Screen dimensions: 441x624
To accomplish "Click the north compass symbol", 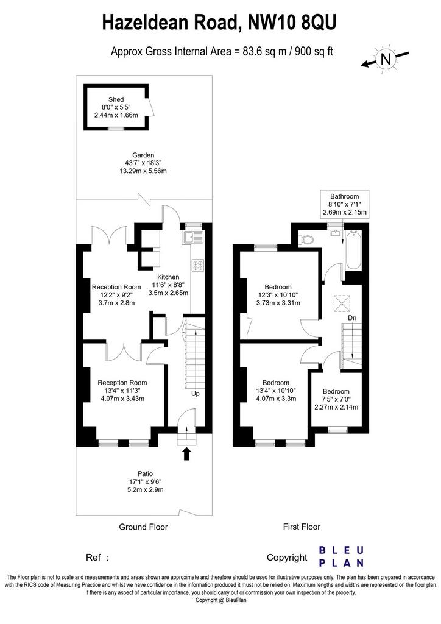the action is [385, 59].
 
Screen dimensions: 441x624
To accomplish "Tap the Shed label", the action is [116, 99].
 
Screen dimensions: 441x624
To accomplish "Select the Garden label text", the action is [143, 155].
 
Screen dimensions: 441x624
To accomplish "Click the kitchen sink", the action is [192, 237].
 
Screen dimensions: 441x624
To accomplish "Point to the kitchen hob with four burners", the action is [197, 265].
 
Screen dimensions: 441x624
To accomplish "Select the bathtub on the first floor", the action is [353, 252].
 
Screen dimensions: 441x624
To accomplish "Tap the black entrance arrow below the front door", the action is [186, 454].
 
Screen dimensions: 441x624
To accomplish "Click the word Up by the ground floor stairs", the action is [196, 394].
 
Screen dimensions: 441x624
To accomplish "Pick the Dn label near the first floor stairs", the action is [352, 317].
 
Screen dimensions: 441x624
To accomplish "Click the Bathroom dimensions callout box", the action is [345, 204].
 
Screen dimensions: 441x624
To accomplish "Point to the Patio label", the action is [145, 473].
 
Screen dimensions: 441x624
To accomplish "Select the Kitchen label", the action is [168, 277].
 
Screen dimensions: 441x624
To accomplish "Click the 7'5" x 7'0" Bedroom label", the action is [336, 399].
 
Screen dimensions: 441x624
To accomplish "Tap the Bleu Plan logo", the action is [342, 556].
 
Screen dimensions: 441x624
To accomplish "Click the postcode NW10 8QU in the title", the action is [292, 23].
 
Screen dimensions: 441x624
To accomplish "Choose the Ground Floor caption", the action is [144, 527].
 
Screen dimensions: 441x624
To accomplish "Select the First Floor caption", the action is [302, 527].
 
